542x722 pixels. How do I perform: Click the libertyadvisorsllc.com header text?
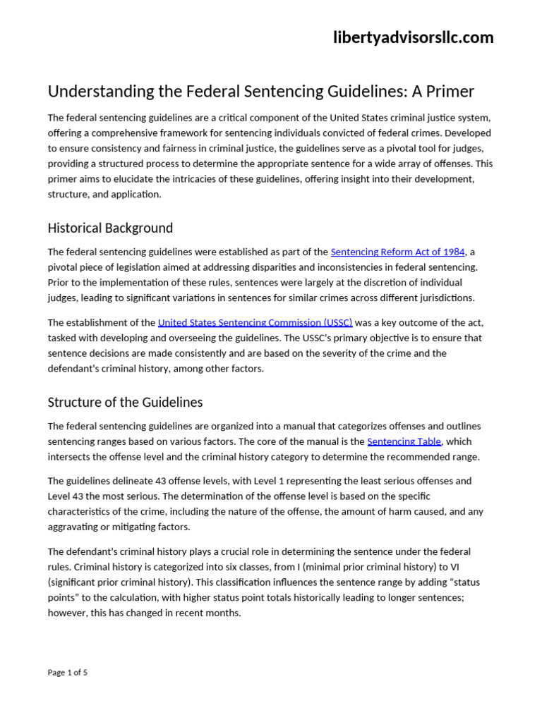(x=413, y=38)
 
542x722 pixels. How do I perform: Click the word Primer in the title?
(x=449, y=92)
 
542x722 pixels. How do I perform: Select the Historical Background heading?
(x=110, y=228)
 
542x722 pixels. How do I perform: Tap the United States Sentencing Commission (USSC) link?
(x=255, y=322)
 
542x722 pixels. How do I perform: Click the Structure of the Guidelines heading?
(x=125, y=403)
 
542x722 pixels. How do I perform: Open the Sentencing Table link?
(x=404, y=441)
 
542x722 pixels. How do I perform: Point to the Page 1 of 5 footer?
(x=68, y=672)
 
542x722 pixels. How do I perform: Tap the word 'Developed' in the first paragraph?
(x=469, y=133)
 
